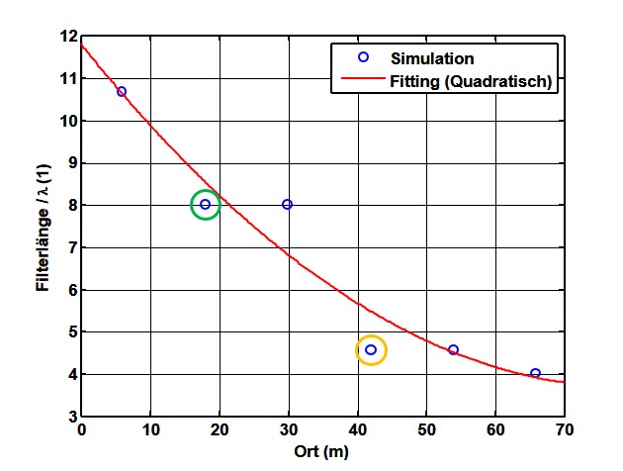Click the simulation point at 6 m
pyautogui.click(x=122, y=91)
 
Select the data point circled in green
pyautogui.click(x=205, y=205)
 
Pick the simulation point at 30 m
pyautogui.click(x=288, y=205)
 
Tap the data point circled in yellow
pyautogui.click(x=371, y=349)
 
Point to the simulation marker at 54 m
pyautogui.click(x=453, y=349)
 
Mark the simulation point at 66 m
pyautogui.click(x=535, y=373)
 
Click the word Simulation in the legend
pyautogui.click(x=432, y=58)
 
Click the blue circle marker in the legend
pyautogui.click(x=363, y=58)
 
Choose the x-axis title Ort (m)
pyautogui.click(x=321, y=451)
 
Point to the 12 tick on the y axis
pyautogui.click(x=68, y=37)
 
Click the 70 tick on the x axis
pyautogui.click(x=564, y=430)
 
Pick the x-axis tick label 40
pyautogui.click(x=357, y=430)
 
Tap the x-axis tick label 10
pyautogui.click(x=150, y=430)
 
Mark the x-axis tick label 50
pyautogui.click(x=426, y=430)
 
